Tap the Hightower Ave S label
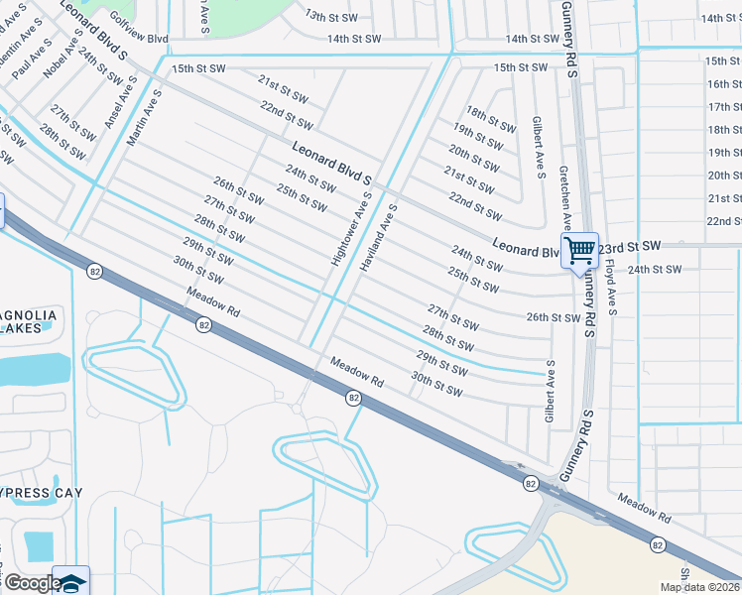[x=350, y=229]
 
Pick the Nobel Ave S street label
[x=71, y=59]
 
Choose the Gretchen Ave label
[x=564, y=198]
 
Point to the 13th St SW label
[x=329, y=16]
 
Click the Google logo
[x=33, y=583]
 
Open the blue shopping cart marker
[x=579, y=248]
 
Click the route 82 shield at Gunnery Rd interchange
[x=531, y=483]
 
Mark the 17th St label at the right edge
[x=724, y=106]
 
